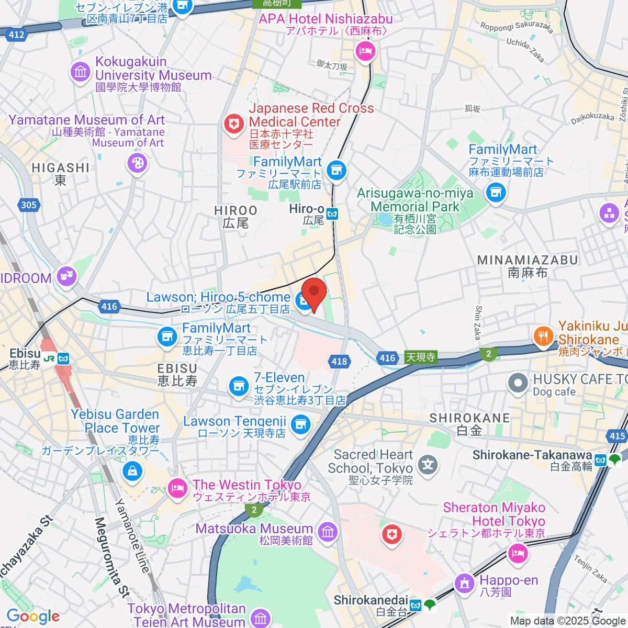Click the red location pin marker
coord(314,293)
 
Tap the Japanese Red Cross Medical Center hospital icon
coord(233,124)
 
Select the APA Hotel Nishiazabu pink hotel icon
coord(365,51)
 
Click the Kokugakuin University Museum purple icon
coord(81,71)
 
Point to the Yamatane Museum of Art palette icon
coord(137,163)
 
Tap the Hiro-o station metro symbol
coord(332,214)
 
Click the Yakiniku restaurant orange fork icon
coord(543,335)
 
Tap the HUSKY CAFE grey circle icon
coord(518,383)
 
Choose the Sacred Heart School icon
coord(428,464)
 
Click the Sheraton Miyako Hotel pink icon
coord(518,552)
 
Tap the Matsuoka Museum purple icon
coord(328,532)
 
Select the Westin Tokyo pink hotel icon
coord(177,489)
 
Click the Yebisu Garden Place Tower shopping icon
coord(133,471)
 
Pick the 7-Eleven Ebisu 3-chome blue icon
coord(239,386)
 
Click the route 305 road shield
coord(28,205)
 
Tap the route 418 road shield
coord(339,361)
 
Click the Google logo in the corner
coord(32,616)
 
